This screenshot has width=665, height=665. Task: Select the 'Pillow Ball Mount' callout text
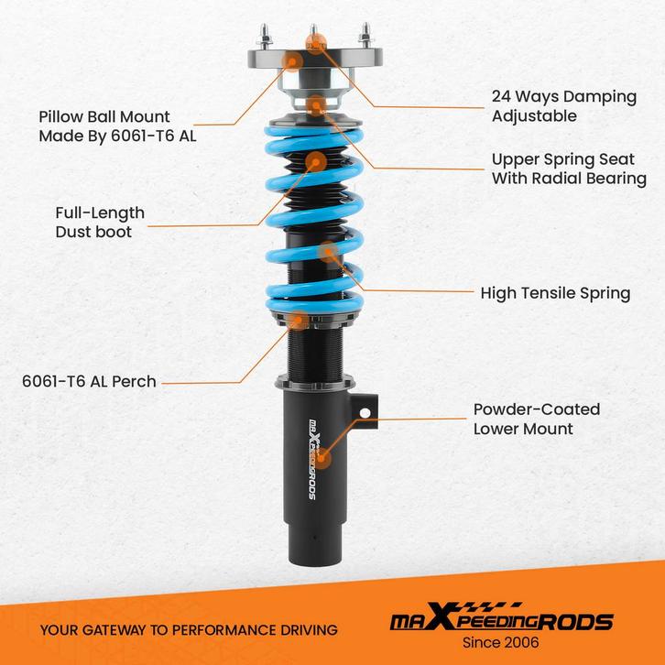pos(117,126)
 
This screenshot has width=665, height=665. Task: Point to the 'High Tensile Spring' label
pos(555,293)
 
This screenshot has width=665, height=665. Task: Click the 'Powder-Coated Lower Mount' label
pos(536,420)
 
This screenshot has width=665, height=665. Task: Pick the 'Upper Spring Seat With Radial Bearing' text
pos(569,169)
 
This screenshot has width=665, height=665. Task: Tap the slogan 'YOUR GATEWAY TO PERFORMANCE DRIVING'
pos(189,629)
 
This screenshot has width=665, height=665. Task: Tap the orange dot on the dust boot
pos(315,163)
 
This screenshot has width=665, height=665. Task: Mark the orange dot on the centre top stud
pos(317,41)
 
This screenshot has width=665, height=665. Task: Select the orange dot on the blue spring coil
pos(327,251)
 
